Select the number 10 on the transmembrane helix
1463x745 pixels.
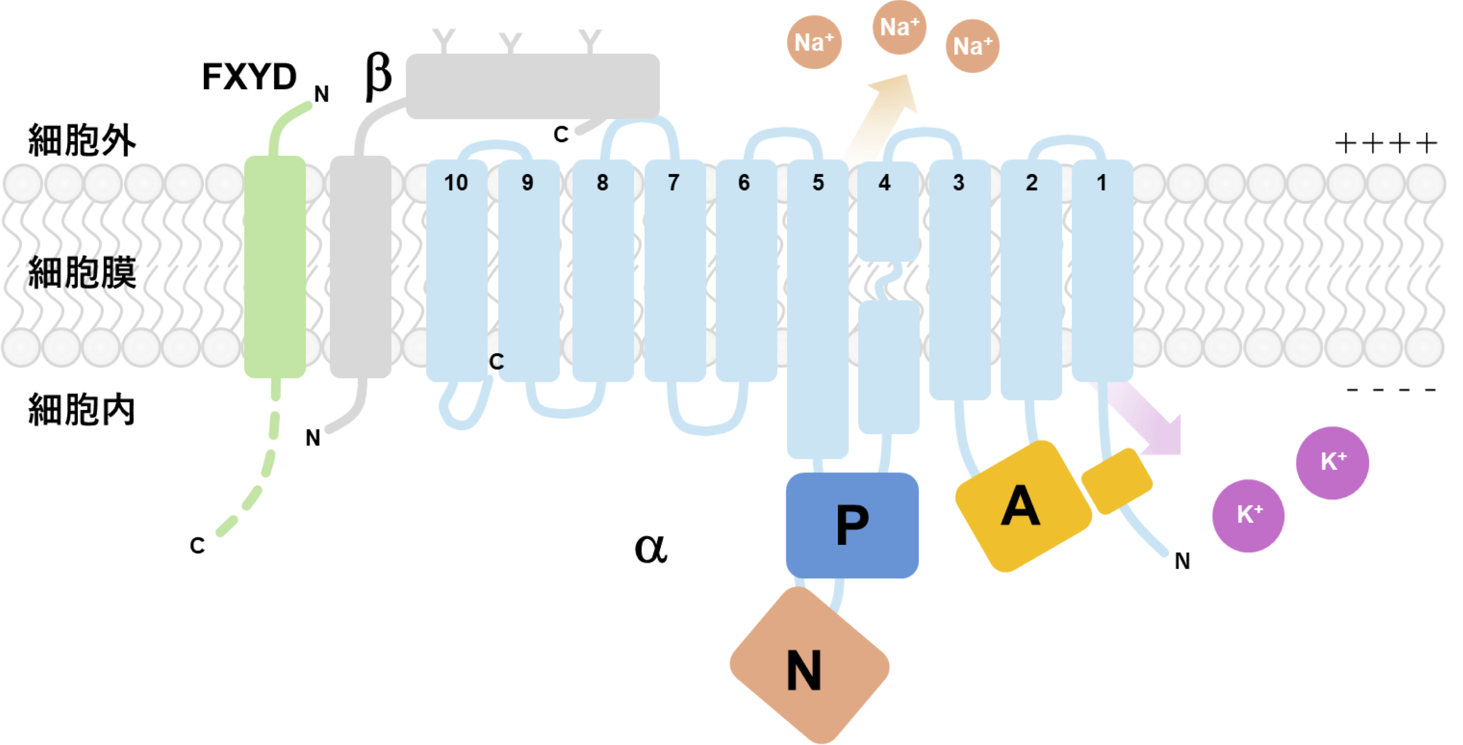pyautogui.click(x=455, y=183)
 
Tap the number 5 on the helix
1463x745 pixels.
pyautogui.click(x=817, y=183)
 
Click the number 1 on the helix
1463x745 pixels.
pyautogui.click(x=1101, y=183)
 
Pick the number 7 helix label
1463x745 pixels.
pyautogui.click(x=674, y=183)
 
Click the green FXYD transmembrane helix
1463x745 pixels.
pyautogui.click(x=275, y=267)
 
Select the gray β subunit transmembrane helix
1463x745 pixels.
pyautogui.click(x=360, y=267)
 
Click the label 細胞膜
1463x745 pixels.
pyautogui.click(x=82, y=273)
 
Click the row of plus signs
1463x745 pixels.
pyautogui.click(x=1386, y=143)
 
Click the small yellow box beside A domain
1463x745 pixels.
pyautogui.click(x=1117, y=481)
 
